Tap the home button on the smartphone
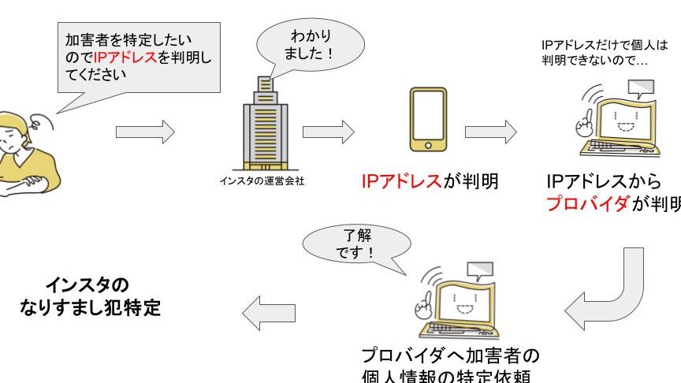click(429, 145)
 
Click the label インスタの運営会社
click(262, 181)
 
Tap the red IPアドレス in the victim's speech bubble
click(125, 59)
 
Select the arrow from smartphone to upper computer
click(489, 132)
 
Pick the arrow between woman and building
click(145, 132)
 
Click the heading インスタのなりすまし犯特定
click(91, 296)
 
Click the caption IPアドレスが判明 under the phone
click(430, 181)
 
